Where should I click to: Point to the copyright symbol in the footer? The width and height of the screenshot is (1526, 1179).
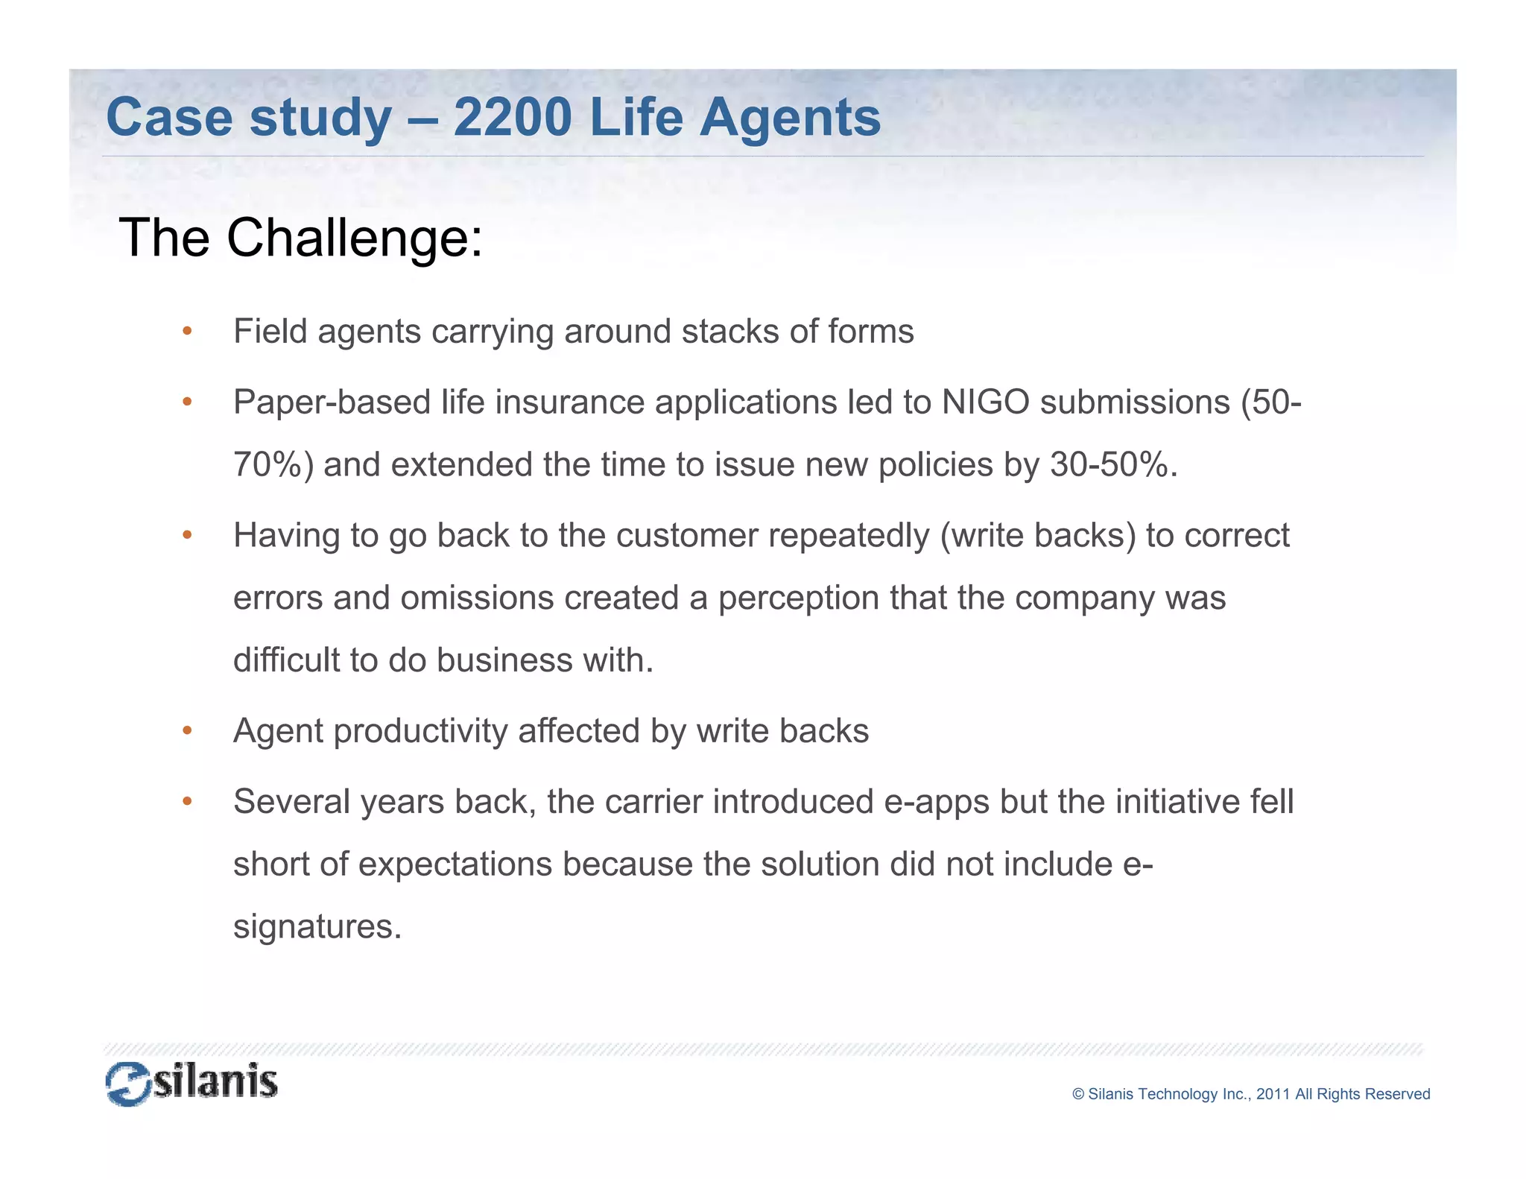[1077, 1094]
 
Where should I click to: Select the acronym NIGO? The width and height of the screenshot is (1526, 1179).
[985, 402]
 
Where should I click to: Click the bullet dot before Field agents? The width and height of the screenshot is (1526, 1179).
[187, 331]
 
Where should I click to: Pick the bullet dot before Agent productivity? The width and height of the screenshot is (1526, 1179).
[187, 730]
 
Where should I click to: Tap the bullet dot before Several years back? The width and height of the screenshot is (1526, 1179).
[187, 801]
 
